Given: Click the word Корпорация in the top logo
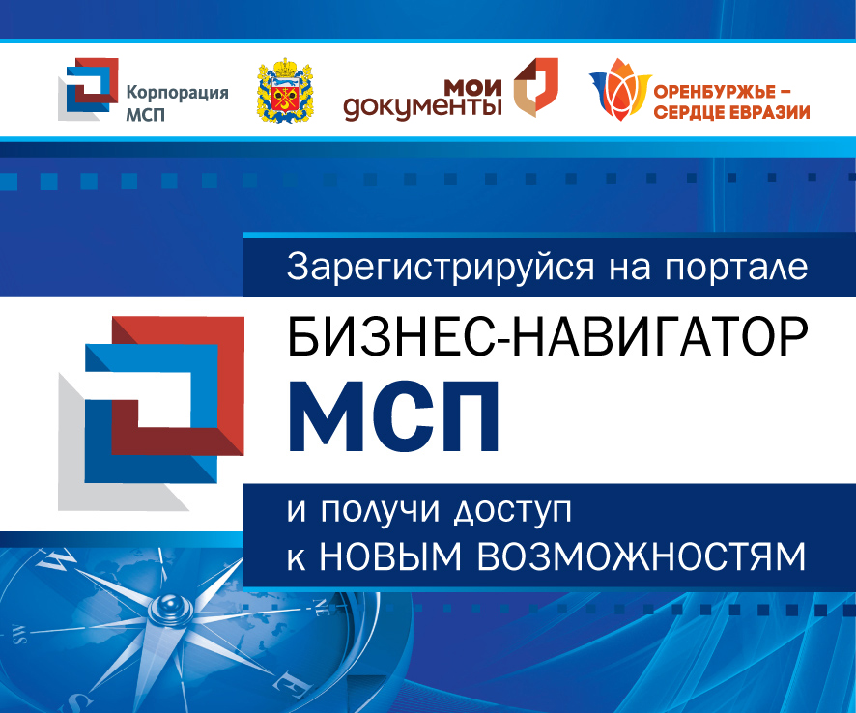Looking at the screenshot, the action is tap(177, 94).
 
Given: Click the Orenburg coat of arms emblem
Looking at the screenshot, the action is tap(284, 90).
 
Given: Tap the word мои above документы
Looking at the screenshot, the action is tap(472, 87).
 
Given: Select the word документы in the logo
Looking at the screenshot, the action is tap(422, 106).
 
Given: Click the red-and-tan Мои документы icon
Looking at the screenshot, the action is tap(536, 87).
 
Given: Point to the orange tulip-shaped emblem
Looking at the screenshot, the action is tap(619, 90).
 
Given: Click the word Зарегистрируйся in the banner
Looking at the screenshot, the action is tap(440, 268).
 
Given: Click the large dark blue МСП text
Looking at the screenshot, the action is tap(393, 416).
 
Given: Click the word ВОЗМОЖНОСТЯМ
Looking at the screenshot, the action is tap(642, 556).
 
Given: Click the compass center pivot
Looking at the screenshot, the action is tap(168, 606).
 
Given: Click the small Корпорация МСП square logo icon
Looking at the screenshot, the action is tap(88, 89).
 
